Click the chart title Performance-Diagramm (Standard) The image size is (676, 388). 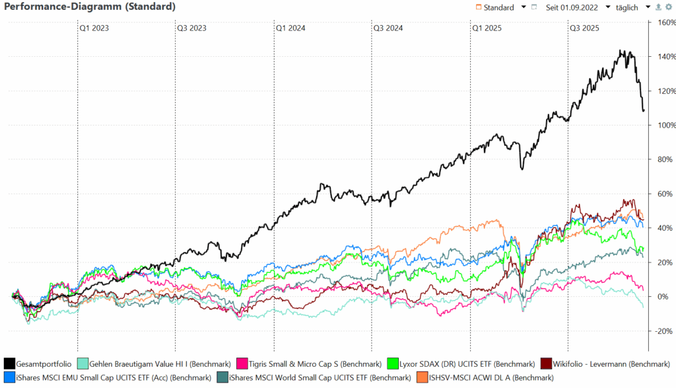(x=90, y=7)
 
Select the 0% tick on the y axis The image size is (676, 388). (x=663, y=297)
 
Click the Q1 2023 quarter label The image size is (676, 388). (x=94, y=28)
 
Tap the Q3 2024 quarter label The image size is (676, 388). (x=388, y=28)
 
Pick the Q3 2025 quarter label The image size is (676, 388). (x=584, y=28)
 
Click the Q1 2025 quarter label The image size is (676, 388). (x=487, y=28)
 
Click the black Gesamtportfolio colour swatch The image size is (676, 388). (x=10, y=364)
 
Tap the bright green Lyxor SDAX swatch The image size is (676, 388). (x=393, y=364)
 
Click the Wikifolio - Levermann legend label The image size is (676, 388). (x=601, y=364)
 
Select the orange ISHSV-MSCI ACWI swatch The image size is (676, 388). (x=421, y=377)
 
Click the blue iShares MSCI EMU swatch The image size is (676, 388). (x=10, y=377)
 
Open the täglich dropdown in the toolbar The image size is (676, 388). (x=628, y=7)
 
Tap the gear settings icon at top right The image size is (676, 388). (x=668, y=7)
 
